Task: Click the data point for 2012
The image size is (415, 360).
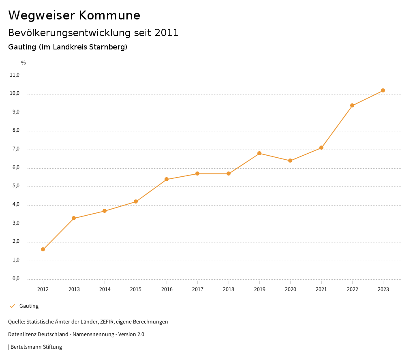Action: click(43, 249)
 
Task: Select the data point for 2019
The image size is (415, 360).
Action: click(259, 153)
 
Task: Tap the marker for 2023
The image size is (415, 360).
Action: click(383, 90)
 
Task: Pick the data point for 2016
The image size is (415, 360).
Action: click(167, 179)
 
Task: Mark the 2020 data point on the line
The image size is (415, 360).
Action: click(290, 161)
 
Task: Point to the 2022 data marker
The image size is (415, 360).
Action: click(352, 105)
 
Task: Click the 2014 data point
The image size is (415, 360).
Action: click(105, 211)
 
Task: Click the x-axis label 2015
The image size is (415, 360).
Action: click(136, 289)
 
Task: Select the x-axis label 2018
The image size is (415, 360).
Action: click(229, 289)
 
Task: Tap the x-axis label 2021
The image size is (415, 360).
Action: click(321, 289)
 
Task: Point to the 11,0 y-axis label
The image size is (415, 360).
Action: click(15, 75)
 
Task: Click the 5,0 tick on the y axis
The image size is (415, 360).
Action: click(15, 186)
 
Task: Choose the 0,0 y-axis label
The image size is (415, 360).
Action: click(15, 279)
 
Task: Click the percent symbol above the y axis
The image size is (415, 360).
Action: click(24, 63)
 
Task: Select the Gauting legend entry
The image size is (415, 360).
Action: click(29, 306)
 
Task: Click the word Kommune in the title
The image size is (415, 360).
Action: click(109, 15)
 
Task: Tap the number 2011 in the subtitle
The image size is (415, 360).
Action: click(167, 33)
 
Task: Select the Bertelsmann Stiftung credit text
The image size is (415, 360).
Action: click(36, 347)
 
